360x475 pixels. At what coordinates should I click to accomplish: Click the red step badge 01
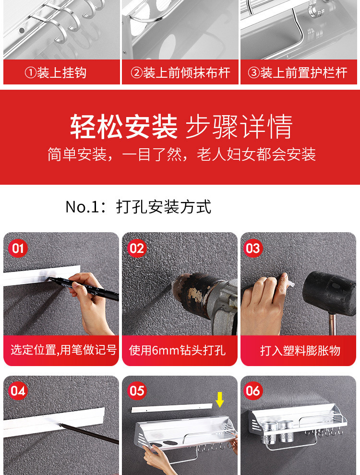click(18, 248)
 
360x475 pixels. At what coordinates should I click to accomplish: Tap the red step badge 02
click(137, 248)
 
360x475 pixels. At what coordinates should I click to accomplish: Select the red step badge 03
click(253, 248)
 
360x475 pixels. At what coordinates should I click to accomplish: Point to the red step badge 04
click(18, 391)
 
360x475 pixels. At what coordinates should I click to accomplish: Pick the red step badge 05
click(137, 391)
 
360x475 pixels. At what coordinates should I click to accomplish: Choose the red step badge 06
click(253, 391)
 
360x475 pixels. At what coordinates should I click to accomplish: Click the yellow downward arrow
click(220, 400)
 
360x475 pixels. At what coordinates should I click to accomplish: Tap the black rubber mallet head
click(330, 293)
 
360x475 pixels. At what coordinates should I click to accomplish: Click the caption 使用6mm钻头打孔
click(177, 350)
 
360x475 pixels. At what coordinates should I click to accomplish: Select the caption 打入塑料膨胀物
click(300, 351)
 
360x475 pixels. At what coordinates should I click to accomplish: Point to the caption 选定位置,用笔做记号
click(64, 350)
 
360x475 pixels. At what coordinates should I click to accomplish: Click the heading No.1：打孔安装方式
click(138, 207)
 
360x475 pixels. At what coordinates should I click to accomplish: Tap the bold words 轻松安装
click(124, 126)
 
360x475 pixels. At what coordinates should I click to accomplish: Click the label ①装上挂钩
click(56, 73)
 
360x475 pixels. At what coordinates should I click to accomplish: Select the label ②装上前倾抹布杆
click(180, 73)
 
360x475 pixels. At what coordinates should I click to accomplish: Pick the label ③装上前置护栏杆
click(298, 73)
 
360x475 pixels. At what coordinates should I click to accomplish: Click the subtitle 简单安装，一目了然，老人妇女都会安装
click(181, 154)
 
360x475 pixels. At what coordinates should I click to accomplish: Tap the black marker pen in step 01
click(84, 286)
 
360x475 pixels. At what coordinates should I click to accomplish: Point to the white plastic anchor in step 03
click(289, 284)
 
